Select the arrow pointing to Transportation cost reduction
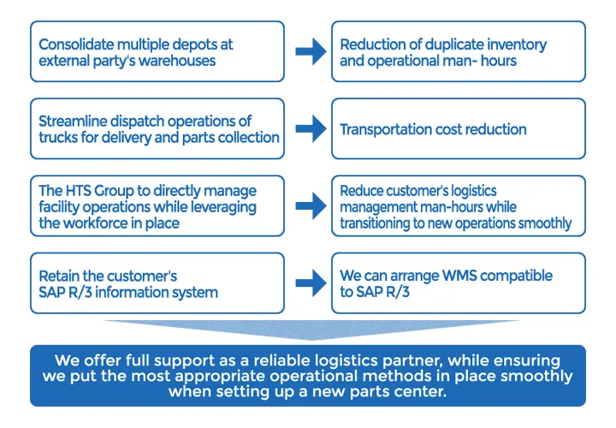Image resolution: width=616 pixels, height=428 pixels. (x=310, y=129)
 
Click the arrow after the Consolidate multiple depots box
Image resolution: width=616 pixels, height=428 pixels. (x=310, y=52)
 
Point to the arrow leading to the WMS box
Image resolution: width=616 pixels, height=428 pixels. (x=310, y=283)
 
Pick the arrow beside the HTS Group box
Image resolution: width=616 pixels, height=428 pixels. (x=310, y=206)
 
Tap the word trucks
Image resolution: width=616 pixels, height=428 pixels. (x=61, y=137)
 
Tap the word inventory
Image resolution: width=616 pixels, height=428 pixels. (x=513, y=45)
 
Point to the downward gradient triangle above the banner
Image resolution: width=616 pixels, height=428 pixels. (x=308, y=330)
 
